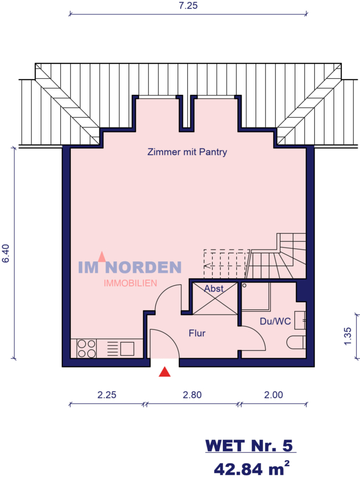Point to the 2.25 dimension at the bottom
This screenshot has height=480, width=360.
(x=107, y=395)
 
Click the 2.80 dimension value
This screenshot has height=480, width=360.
(x=192, y=395)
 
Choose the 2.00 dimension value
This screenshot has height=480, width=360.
(x=273, y=395)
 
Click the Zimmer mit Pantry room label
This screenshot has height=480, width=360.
(x=187, y=152)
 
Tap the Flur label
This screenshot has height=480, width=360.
(x=197, y=333)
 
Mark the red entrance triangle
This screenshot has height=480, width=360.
(x=165, y=372)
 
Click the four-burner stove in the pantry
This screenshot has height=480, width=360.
(x=86, y=348)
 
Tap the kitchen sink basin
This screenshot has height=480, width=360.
(x=127, y=348)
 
